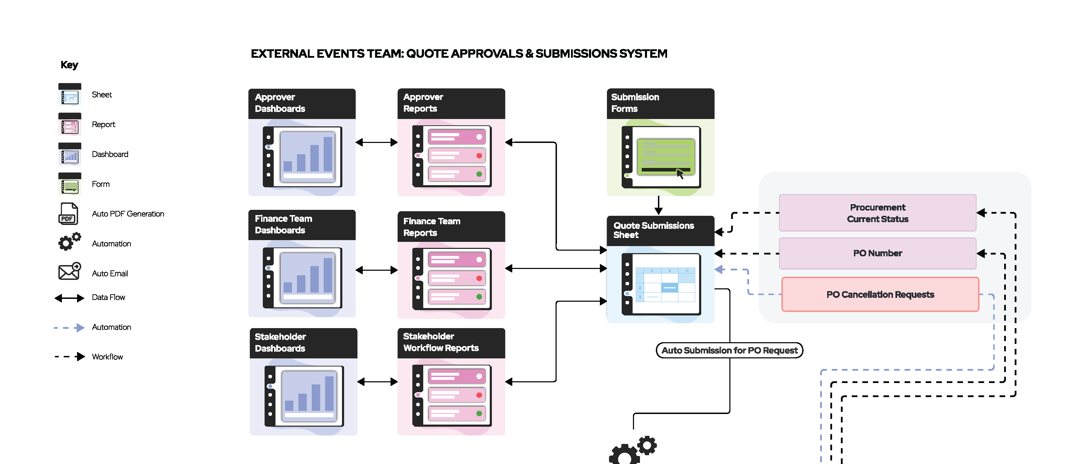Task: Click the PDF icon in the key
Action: (x=68, y=214)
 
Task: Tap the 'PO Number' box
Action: (x=877, y=253)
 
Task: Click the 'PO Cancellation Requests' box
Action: (x=880, y=295)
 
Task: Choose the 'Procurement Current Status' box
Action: (x=877, y=213)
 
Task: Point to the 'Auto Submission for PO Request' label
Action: (x=729, y=350)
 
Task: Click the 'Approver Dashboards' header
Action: (x=302, y=103)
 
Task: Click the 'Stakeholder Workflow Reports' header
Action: (x=451, y=342)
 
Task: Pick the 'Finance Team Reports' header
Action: (x=451, y=227)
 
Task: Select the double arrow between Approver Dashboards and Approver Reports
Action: (x=376, y=142)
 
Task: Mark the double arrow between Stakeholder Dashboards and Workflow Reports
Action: (x=378, y=382)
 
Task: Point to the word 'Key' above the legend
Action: (x=69, y=65)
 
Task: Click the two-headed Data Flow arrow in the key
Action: (x=69, y=298)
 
